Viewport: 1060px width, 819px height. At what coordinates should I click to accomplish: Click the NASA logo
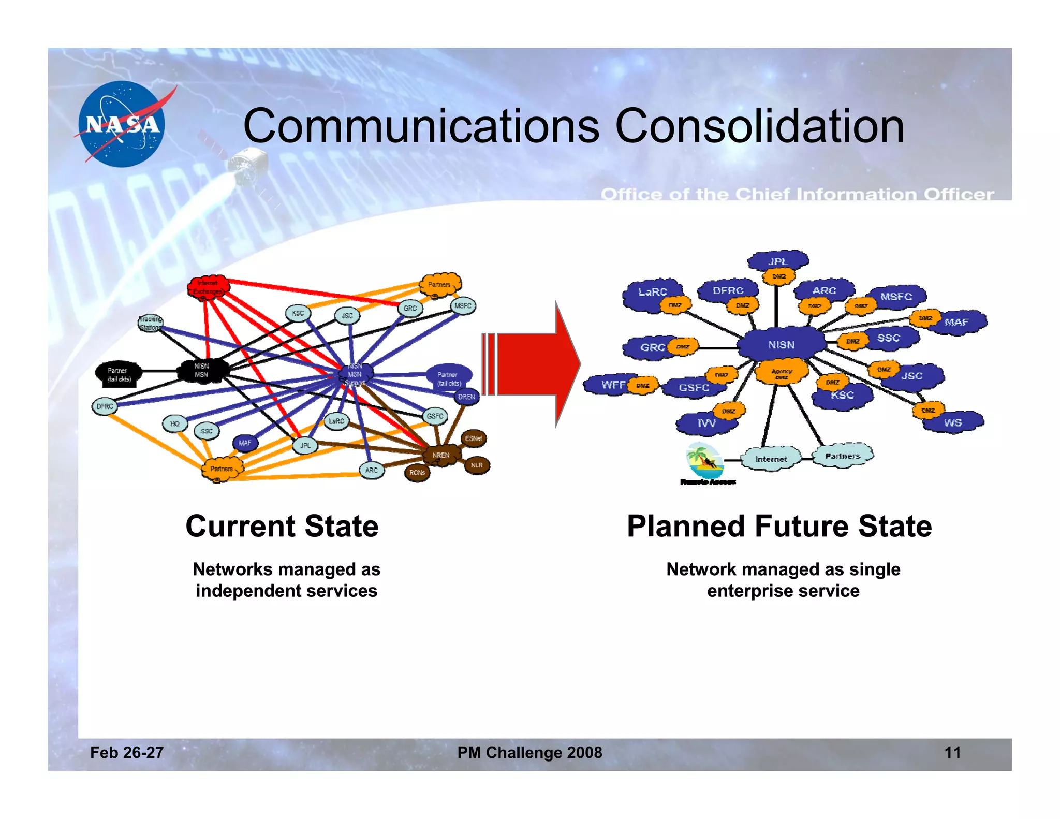tap(122, 124)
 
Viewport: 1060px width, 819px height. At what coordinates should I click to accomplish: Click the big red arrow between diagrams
tap(533, 364)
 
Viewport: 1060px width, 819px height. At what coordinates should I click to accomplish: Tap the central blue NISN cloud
tap(781, 344)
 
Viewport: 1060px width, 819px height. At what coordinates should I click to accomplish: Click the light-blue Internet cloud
tap(771, 459)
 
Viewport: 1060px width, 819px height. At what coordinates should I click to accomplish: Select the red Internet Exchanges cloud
tap(209, 287)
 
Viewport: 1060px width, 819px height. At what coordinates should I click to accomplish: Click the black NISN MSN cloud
tap(202, 370)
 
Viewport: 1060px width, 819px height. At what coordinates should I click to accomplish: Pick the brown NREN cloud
tap(440, 455)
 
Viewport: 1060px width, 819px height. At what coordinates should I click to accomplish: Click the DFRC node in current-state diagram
tap(105, 406)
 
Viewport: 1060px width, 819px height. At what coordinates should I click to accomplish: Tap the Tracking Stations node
tap(150, 323)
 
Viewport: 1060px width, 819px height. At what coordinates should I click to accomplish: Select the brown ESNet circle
tap(473, 438)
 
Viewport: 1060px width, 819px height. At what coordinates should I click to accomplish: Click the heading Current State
tap(282, 526)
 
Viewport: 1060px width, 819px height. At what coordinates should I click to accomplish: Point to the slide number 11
tap(952, 752)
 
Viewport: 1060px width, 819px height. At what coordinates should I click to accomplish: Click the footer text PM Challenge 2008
tap(529, 752)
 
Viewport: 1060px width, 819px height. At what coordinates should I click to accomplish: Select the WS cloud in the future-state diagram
tap(953, 422)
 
